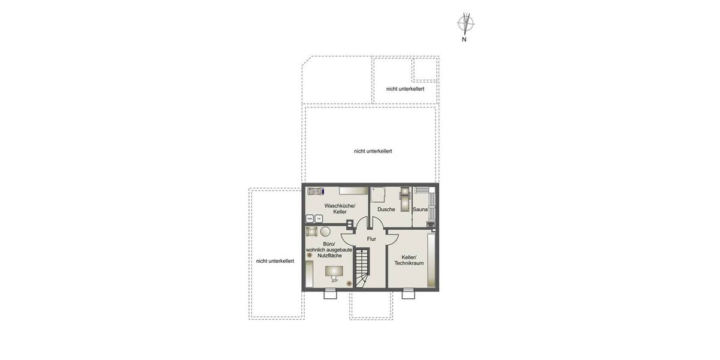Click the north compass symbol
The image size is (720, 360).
[x=466, y=23]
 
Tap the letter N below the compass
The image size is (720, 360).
[x=464, y=40]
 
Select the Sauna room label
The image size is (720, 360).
[x=420, y=209]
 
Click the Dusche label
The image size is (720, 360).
[x=386, y=209]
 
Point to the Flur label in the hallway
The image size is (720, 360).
[x=371, y=239]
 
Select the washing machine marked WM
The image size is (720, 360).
[x=310, y=218]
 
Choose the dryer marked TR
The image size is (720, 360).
[x=319, y=218]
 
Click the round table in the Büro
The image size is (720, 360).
[x=325, y=232]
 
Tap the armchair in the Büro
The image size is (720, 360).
[x=311, y=232]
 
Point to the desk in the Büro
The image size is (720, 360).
[x=334, y=272]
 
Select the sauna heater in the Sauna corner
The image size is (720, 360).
[x=430, y=225]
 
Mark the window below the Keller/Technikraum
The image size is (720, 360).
[x=408, y=293]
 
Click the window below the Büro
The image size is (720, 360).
[x=329, y=293]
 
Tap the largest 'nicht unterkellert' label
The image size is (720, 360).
[x=373, y=151]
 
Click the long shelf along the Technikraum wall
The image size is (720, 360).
[x=431, y=260]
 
